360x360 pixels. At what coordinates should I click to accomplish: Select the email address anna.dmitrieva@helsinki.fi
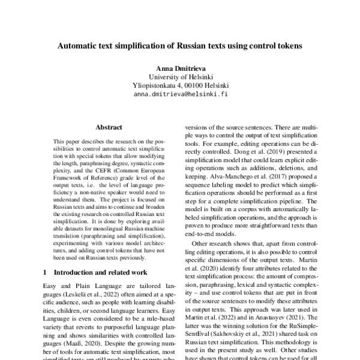point(180,94)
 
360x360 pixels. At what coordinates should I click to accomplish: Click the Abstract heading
point(109,127)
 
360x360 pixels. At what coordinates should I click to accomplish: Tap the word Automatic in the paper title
point(80,45)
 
